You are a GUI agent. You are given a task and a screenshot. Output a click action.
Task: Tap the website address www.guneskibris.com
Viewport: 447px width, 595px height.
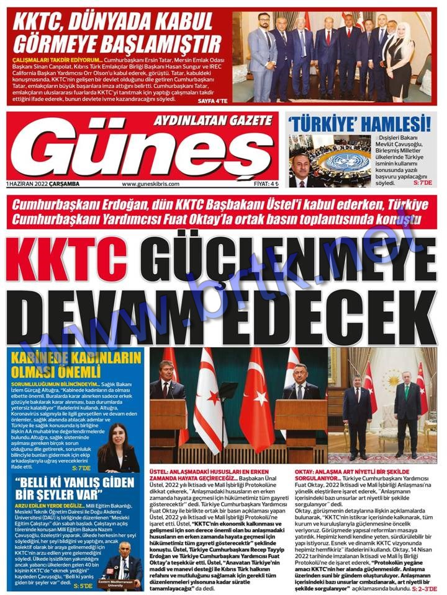pyautogui.click(x=150, y=183)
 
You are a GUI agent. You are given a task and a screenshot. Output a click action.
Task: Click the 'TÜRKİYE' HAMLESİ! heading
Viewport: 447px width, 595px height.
pyautogui.click(x=360, y=123)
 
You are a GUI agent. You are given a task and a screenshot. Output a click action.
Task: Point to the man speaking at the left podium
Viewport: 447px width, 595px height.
pyautogui.click(x=166, y=381)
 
